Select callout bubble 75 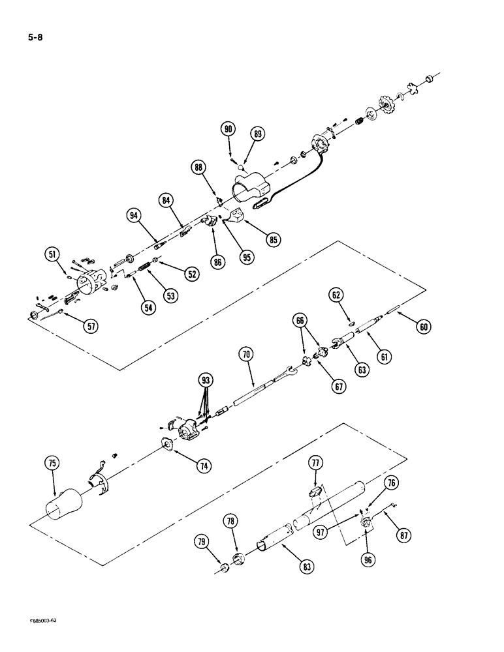tap(52, 464)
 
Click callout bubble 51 tap(52, 254)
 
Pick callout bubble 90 tap(228, 130)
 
